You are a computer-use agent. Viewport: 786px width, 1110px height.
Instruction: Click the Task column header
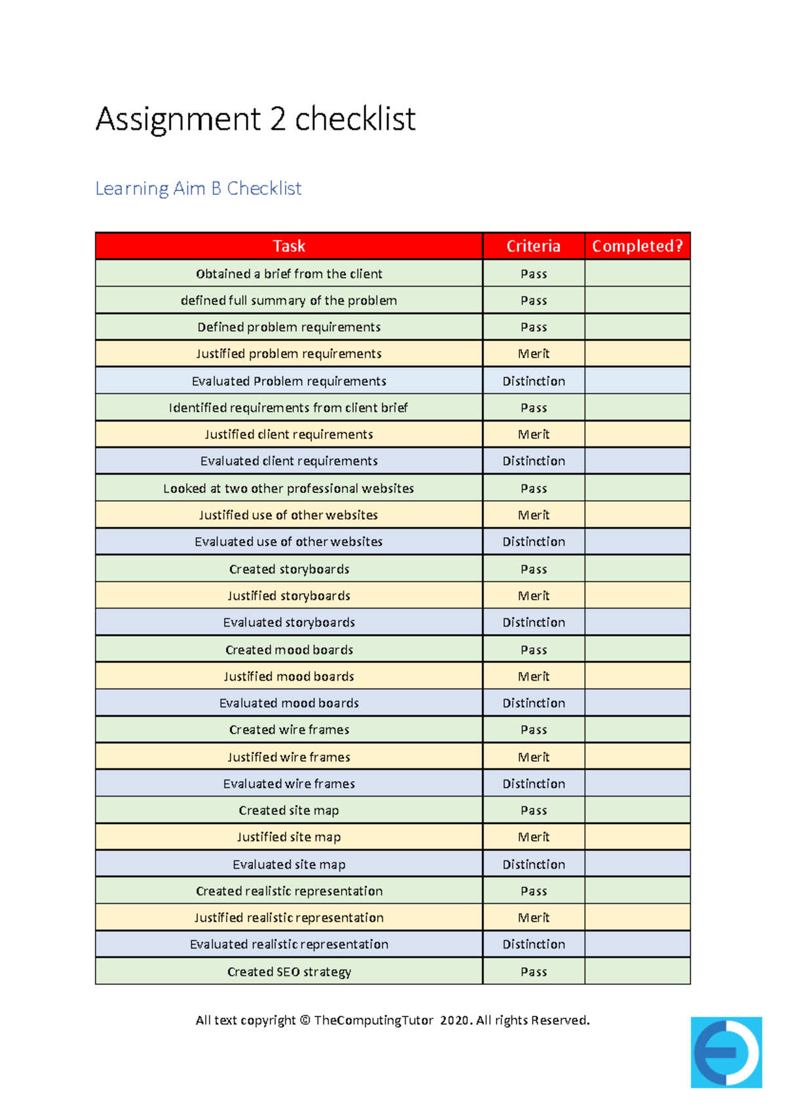pyautogui.click(x=289, y=246)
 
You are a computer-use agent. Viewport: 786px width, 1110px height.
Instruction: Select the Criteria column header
pyautogui.click(x=533, y=246)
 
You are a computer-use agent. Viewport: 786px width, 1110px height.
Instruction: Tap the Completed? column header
pyautogui.click(x=637, y=246)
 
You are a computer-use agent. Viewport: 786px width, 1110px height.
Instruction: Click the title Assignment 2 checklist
pyautogui.click(x=255, y=119)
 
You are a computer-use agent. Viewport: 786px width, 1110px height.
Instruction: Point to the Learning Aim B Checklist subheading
pyautogui.click(x=198, y=188)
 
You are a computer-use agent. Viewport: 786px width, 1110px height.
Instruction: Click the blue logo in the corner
pyautogui.click(x=726, y=1052)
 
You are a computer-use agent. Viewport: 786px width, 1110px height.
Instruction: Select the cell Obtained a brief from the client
pyautogui.click(x=289, y=274)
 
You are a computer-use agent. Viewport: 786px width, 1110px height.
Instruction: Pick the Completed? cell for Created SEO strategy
pyautogui.click(x=637, y=971)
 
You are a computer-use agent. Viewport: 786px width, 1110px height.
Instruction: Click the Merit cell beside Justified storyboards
pyautogui.click(x=533, y=596)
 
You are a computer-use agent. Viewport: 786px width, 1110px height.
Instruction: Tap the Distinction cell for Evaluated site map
pyautogui.click(x=533, y=864)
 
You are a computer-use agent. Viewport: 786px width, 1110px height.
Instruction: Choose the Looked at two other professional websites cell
pyautogui.click(x=289, y=488)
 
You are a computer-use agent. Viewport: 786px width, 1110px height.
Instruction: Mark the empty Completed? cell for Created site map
pyautogui.click(x=637, y=810)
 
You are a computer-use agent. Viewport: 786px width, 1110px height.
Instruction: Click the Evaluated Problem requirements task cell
pyautogui.click(x=289, y=381)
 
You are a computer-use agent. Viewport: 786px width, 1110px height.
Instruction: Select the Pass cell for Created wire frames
pyautogui.click(x=533, y=729)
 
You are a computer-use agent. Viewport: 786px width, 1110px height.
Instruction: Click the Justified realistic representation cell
pyautogui.click(x=289, y=918)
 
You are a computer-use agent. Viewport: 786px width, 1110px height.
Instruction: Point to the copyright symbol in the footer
pyautogui.click(x=305, y=1020)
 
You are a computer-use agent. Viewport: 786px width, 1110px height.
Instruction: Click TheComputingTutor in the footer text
pyautogui.click(x=373, y=1020)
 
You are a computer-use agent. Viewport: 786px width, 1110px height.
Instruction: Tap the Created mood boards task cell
pyautogui.click(x=289, y=649)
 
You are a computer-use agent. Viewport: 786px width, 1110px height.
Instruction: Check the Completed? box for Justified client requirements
pyautogui.click(x=637, y=435)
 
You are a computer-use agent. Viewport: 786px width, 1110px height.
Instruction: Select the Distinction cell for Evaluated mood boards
pyautogui.click(x=533, y=703)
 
